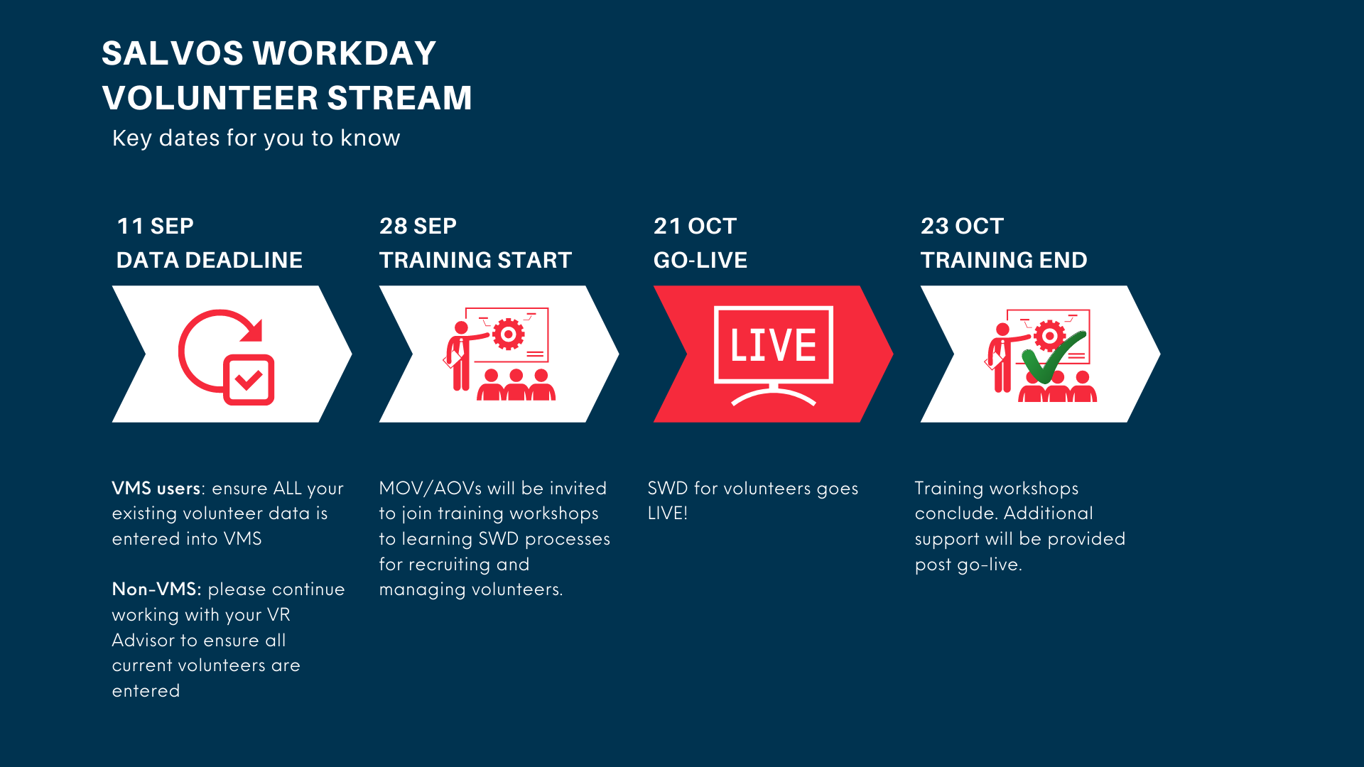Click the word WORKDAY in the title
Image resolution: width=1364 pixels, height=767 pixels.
[345, 53]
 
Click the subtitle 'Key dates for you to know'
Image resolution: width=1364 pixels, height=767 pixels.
[256, 138]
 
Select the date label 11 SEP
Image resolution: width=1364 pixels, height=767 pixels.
[155, 226]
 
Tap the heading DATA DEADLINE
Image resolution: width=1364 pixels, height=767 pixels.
[210, 260]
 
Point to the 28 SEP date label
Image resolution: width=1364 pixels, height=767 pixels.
[418, 226]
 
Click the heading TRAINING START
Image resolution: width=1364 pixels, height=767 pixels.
[475, 260]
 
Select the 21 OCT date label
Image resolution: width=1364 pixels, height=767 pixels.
[695, 226]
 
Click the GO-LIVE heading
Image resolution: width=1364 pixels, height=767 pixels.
[700, 260]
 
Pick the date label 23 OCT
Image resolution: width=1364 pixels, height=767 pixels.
[962, 226]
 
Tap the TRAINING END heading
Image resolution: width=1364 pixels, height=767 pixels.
[1004, 260]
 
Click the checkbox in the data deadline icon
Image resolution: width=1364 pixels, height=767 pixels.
[249, 380]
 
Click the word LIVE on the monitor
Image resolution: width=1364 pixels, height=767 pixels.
[773, 345]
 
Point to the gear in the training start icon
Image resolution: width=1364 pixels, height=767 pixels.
[508, 334]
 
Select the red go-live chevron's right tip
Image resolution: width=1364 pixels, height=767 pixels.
[893, 354]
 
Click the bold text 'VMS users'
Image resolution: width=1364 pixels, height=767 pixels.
[156, 489]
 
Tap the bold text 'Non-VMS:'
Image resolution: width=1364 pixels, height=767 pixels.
[157, 589]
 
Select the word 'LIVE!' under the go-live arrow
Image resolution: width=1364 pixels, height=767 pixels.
[668, 513]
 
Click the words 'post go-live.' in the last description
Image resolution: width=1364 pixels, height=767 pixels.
[968, 565]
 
